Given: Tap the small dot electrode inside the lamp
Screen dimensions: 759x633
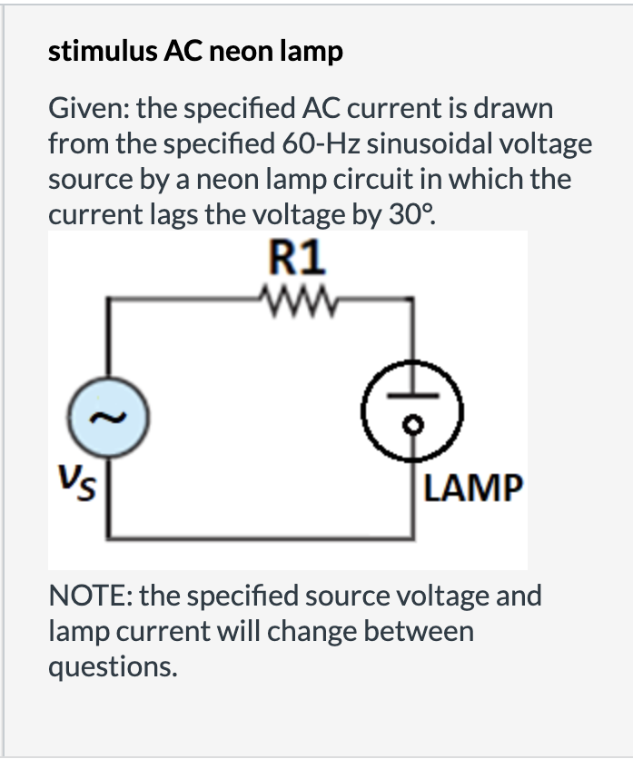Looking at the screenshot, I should [416, 427].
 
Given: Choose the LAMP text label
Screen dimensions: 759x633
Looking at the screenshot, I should [473, 488].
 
